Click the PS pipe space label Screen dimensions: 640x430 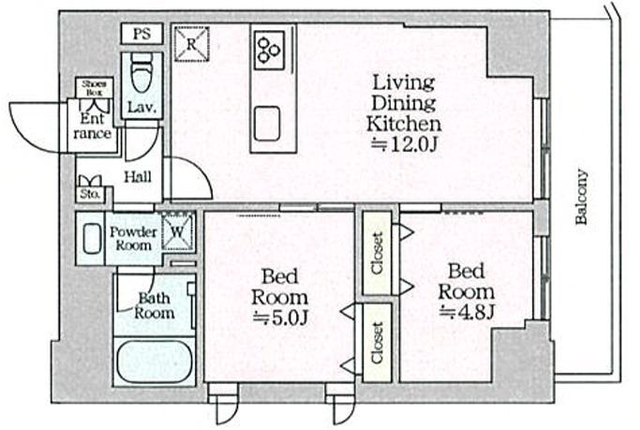click(x=142, y=34)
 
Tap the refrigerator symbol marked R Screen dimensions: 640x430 click(x=192, y=44)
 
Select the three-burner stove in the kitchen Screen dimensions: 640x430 click(x=270, y=50)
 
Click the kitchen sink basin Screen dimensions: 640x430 click(x=267, y=124)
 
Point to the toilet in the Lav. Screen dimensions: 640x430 click(x=141, y=73)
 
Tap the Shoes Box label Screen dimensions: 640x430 click(x=94, y=88)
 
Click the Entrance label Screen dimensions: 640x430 click(x=92, y=126)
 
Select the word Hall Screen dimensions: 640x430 click(x=138, y=177)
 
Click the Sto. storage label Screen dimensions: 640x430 click(x=90, y=194)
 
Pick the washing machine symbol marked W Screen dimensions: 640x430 click(x=177, y=231)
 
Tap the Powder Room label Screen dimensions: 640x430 click(x=133, y=238)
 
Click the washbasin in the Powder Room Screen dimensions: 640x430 click(x=92, y=238)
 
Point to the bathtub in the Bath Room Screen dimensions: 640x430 click(x=154, y=361)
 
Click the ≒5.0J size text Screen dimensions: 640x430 click(x=279, y=318)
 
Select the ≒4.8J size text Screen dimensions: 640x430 click(x=467, y=312)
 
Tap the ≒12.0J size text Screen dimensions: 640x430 click(x=404, y=144)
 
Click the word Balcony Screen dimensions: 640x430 click(x=581, y=196)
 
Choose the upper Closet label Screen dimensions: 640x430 click(x=377, y=253)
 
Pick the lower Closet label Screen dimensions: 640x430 click(x=377, y=343)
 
